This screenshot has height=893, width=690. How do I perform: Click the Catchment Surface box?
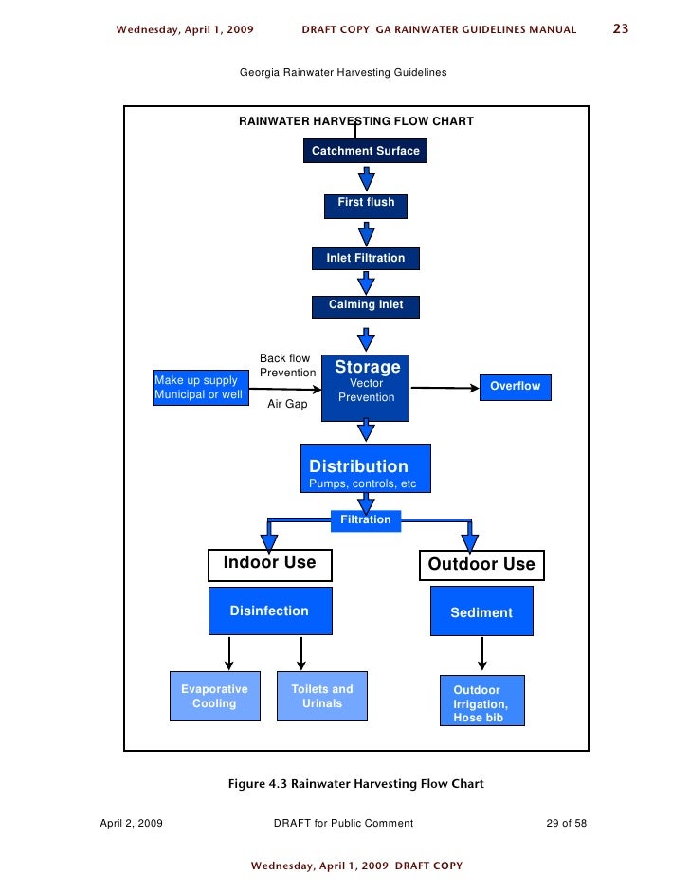click(365, 151)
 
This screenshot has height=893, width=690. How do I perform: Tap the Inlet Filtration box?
click(365, 258)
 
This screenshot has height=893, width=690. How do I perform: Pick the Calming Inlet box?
click(365, 305)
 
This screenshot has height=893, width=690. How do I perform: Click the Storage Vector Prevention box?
click(366, 387)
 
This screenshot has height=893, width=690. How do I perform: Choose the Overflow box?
click(515, 387)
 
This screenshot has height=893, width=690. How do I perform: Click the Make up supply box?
click(199, 388)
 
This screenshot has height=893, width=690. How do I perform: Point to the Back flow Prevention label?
click(287, 366)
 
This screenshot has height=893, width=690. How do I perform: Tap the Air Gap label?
click(287, 404)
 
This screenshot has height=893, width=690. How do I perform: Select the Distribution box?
click(366, 468)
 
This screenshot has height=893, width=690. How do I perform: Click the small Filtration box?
click(365, 519)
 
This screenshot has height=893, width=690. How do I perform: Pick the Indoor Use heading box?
click(269, 564)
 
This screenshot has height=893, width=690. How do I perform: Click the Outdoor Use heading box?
click(481, 565)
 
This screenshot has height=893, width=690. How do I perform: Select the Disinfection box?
click(270, 611)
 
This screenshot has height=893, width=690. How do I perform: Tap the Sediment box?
click(481, 611)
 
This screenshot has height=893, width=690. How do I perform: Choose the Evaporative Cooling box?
click(214, 697)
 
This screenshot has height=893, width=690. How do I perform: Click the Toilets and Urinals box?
click(322, 697)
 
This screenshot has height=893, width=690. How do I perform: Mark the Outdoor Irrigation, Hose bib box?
click(481, 702)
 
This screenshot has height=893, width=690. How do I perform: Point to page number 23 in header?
click(621, 29)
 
